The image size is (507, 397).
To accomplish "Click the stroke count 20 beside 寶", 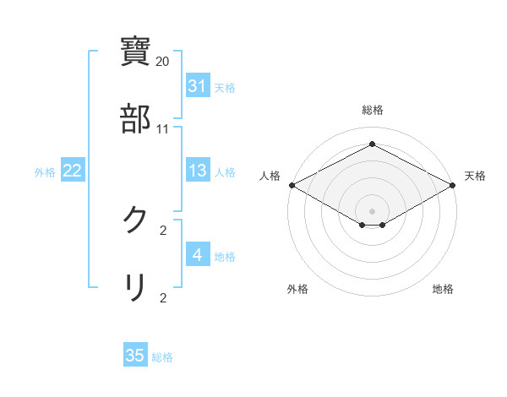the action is tap(163, 62).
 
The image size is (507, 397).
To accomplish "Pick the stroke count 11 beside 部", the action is tap(163, 129).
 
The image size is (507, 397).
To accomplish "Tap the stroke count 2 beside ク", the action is tap(163, 231).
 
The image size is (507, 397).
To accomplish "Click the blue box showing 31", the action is tap(197, 86).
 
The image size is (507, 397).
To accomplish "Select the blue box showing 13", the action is tap(197, 171).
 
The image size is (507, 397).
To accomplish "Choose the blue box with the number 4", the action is tap(197, 255).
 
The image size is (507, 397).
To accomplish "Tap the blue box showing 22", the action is tap(72, 171).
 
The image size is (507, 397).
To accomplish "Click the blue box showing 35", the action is tap(135, 356).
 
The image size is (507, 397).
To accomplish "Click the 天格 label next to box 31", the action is tap(225, 88).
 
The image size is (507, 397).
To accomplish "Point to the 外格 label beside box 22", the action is tap(45, 172).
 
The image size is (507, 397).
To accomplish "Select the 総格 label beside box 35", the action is tap(162, 357).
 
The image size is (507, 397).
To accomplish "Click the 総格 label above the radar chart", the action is tap(372, 110).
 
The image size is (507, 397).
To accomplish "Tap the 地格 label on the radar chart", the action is tap(443, 290).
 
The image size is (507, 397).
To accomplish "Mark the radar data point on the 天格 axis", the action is tap(454, 185).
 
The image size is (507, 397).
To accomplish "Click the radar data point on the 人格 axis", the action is tap(291, 185).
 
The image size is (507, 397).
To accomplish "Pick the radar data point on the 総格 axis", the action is tap(372, 144).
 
